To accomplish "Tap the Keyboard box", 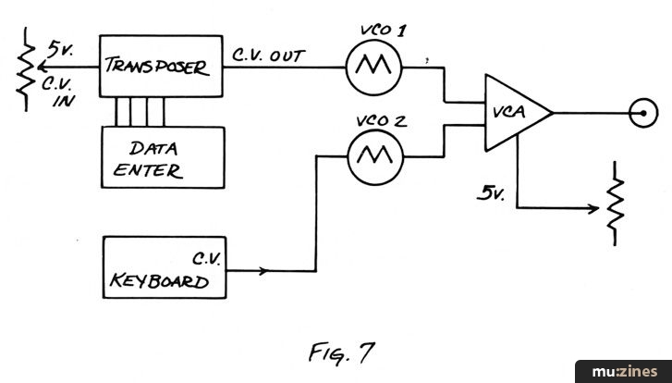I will click(164, 268).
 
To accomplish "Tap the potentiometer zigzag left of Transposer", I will click(21, 67).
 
